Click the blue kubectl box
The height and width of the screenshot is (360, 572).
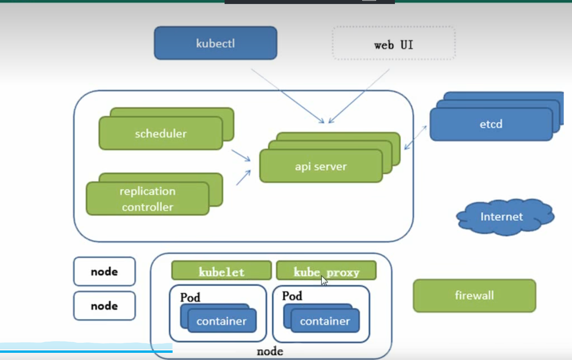[215, 43]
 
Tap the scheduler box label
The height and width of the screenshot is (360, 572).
[160, 134]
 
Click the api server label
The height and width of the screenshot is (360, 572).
[321, 166]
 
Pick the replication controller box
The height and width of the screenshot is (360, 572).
[148, 199]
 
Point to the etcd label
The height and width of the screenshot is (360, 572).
[491, 124]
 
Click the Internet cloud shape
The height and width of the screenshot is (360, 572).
[501, 217]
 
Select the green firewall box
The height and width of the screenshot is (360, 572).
[474, 295]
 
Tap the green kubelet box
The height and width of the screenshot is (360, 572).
[221, 271]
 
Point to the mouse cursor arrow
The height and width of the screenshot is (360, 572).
[324, 280]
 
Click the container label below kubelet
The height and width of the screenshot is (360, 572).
[221, 321]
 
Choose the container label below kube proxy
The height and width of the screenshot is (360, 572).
[325, 321]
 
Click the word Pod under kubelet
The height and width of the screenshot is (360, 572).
[190, 297]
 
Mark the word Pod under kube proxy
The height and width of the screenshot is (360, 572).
[292, 296]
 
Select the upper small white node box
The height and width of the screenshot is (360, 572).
[104, 272]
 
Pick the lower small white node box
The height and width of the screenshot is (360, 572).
[104, 306]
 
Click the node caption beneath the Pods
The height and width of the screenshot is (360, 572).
[270, 352]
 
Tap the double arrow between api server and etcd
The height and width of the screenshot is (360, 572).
[415, 138]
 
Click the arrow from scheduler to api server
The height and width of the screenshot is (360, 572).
[241, 156]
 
